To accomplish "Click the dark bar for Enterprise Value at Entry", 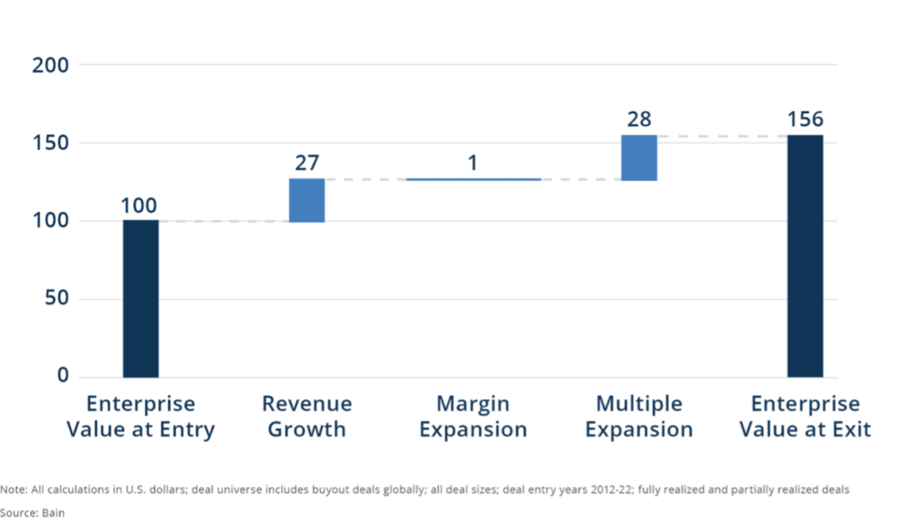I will click(141, 298).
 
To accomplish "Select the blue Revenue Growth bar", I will click(307, 200).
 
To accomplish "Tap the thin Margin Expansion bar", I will click(473, 179).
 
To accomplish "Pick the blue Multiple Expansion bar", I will click(639, 158).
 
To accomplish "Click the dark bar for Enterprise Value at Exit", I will click(805, 256).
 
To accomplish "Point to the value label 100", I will click(140, 206).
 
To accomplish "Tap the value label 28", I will click(639, 120).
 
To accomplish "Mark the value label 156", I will click(805, 120).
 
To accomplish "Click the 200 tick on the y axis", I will click(51, 65).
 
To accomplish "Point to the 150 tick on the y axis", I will click(51, 143).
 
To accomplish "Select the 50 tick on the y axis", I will click(56, 299).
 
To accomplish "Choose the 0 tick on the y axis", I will click(63, 377).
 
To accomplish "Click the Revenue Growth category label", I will click(307, 417).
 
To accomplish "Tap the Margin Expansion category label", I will click(473, 417).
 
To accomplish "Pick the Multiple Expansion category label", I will click(639, 417).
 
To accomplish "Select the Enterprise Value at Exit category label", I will click(805, 417).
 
